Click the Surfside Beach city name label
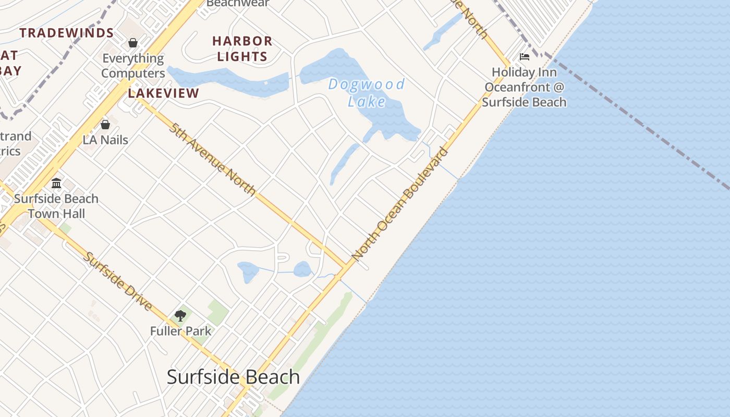[233, 377]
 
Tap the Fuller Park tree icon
[180, 316]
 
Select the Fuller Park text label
[181, 331]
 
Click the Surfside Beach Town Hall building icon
[56, 183]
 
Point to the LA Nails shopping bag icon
[105, 125]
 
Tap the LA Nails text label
[105, 140]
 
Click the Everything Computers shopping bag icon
[133, 43]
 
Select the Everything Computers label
[133, 66]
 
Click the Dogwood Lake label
[367, 92]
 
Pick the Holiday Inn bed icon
[525, 57]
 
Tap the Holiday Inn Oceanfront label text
[524, 87]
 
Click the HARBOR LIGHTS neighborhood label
[242, 48]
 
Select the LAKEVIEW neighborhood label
[164, 93]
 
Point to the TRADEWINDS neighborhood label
[67, 33]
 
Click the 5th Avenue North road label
[212, 160]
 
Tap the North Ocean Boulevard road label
[400, 204]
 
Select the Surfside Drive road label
[118, 281]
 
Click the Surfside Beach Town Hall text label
[56, 206]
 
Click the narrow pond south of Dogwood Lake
[344, 163]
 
